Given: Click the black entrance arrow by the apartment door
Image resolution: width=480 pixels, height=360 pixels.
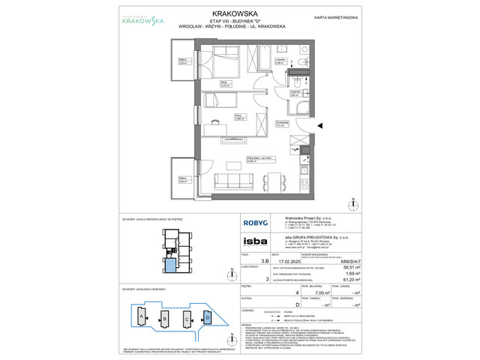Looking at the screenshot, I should coord(322,126).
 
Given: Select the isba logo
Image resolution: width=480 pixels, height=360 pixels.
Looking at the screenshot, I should coord(250,241).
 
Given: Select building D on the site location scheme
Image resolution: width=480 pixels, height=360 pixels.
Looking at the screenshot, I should coord(208,318).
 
